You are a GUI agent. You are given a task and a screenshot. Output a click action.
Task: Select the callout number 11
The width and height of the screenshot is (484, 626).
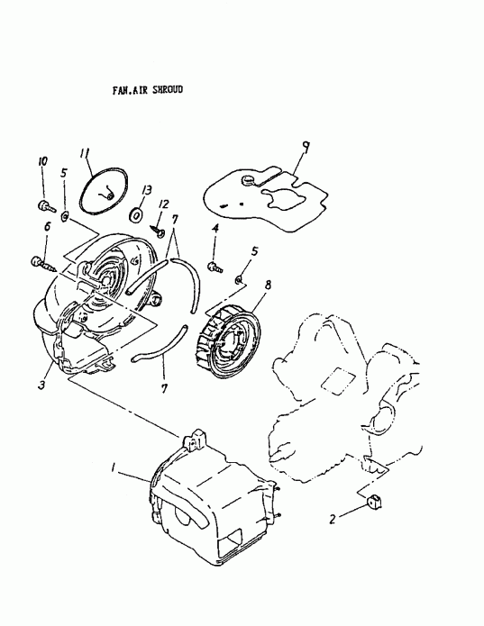tap(86, 154)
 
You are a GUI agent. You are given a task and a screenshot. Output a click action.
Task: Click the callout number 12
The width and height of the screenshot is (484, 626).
tap(164, 206)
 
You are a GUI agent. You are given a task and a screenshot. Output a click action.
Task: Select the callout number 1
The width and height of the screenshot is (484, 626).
tap(113, 468)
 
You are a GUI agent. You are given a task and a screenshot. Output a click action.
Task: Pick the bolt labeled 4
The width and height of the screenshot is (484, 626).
tap(215, 266)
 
